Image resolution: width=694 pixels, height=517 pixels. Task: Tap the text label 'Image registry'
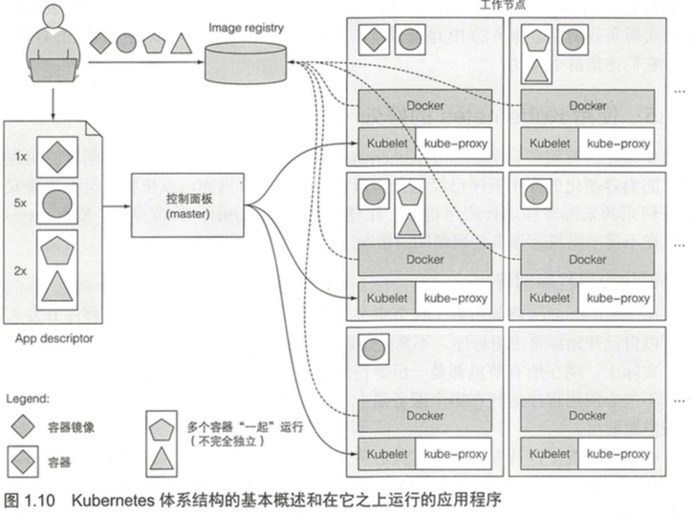pyautogui.click(x=246, y=28)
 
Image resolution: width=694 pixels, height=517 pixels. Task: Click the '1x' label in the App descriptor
pyautogui.click(x=20, y=155)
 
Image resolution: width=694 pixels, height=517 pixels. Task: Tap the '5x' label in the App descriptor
pyautogui.click(x=20, y=203)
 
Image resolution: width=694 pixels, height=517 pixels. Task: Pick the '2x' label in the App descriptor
pyautogui.click(x=20, y=270)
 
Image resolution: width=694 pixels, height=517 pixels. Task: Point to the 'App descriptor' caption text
pyautogui.click(x=54, y=337)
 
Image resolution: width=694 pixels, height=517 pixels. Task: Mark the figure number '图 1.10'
pyautogui.click(x=31, y=499)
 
